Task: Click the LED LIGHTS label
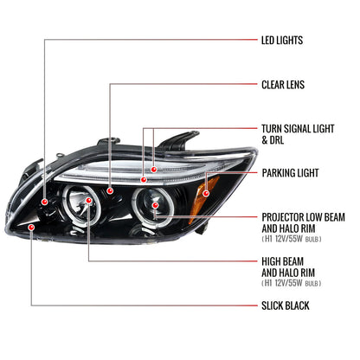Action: pyautogui.click(x=282, y=40)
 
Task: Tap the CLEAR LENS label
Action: pyautogui.click(x=283, y=85)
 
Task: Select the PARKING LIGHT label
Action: pyautogui.click(x=290, y=173)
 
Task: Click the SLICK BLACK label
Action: pyautogui.click(x=285, y=305)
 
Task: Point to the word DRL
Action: pyautogui.click(x=277, y=140)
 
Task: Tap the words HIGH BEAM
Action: pyautogui.click(x=282, y=261)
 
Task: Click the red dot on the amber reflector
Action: pyautogui.click(x=206, y=193)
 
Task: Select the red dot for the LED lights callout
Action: pyautogui.click(x=44, y=202)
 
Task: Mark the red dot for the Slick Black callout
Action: pyautogui.click(x=31, y=228)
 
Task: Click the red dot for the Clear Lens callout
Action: pyautogui.click(x=110, y=190)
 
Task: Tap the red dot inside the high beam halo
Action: pyautogui.click(x=88, y=201)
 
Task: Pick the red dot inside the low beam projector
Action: pyautogui.click(x=155, y=205)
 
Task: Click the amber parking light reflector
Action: pyautogui.click(x=206, y=199)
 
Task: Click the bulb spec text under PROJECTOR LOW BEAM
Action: pyautogui.click(x=292, y=239)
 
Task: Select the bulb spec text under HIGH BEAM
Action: pyautogui.click(x=292, y=283)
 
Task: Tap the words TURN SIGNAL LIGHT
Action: pyautogui.click(x=298, y=129)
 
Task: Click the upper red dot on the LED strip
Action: pyautogui.click(x=154, y=170)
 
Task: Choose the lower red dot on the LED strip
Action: pyautogui.click(x=144, y=180)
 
